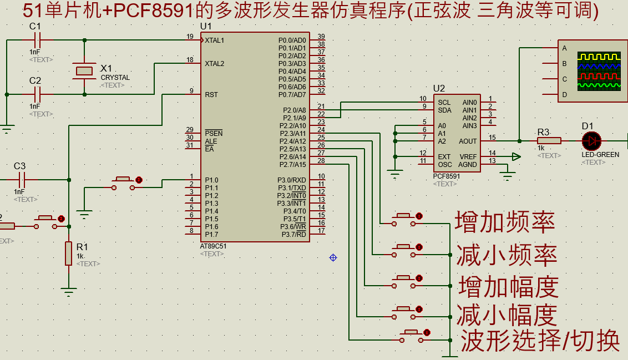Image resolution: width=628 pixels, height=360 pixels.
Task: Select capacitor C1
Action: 38,40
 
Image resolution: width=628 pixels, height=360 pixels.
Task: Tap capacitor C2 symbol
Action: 38,94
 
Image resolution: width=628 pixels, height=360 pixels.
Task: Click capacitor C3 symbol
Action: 22,179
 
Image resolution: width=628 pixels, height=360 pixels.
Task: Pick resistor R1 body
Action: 68,253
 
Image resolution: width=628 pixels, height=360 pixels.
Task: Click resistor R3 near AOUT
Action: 549,141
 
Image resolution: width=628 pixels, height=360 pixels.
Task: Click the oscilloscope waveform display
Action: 598,71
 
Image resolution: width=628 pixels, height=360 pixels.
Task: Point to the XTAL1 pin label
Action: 215,40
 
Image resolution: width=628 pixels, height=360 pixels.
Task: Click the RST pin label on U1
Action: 211,95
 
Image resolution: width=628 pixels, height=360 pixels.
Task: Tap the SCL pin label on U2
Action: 444,103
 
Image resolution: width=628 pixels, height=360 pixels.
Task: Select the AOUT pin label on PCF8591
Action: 468,141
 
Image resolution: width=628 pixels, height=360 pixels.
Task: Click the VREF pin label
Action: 468,157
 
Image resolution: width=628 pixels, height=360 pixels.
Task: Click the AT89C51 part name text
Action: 213,245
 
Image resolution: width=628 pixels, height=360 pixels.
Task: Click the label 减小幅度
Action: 507,316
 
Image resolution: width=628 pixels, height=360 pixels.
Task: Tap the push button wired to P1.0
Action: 124,182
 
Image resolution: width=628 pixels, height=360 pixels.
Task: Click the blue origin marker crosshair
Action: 333,257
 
